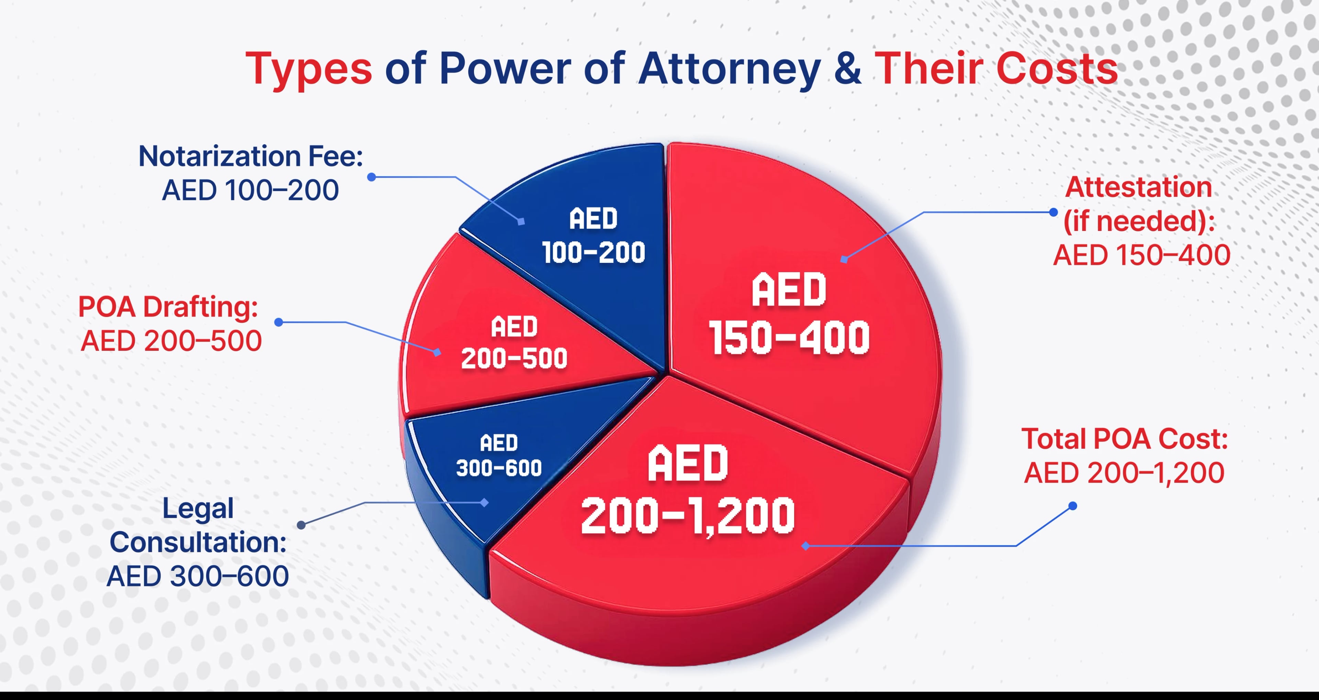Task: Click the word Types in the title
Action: coord(309,69)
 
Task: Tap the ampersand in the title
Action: coord(847,69)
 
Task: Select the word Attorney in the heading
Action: coord(730,69)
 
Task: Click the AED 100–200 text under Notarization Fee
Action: coord(250,190)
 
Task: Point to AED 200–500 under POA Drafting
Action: coord(171,341)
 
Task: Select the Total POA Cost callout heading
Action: coord(1125,439)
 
